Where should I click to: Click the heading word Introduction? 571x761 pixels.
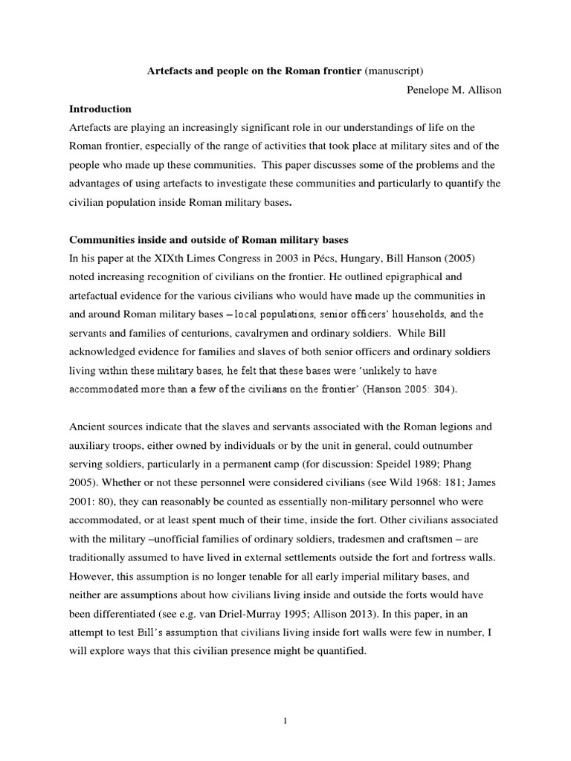(100, 109)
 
